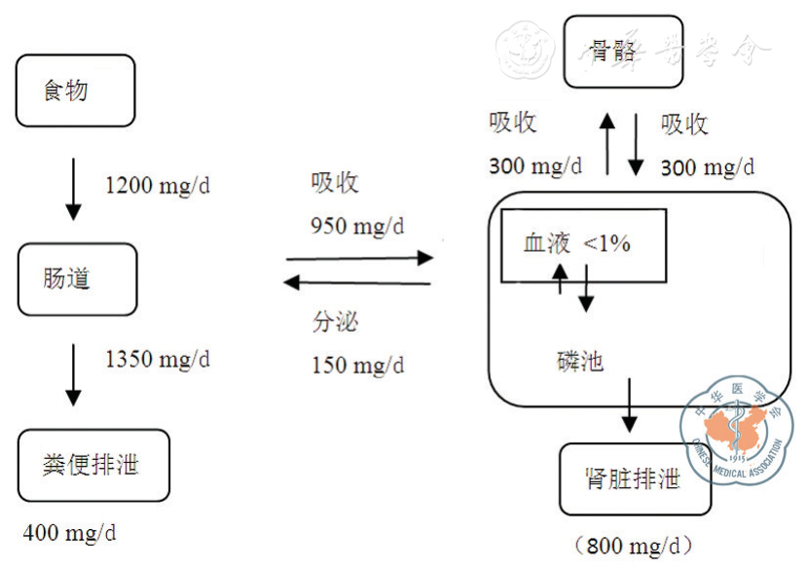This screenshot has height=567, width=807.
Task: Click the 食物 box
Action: tap(74, 91)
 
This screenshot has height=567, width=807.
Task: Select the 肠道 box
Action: tap(75, 279)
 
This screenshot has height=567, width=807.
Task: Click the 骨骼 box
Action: tap(623, 52)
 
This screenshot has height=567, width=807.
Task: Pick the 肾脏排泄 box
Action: tap(635, 478)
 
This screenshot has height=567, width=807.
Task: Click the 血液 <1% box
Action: tap(583, 245)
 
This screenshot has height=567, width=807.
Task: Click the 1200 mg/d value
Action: tap(157, 185)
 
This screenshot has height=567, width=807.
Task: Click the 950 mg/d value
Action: tap(356, 226)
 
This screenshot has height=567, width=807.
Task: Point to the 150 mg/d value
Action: tap(357, 366)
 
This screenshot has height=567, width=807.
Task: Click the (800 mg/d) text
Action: tap(634, 546)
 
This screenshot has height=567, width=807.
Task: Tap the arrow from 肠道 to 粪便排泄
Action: tap(73, 373)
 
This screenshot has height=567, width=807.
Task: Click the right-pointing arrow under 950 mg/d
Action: tap(358, 258)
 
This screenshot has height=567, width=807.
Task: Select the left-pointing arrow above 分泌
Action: tap(358, 283)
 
